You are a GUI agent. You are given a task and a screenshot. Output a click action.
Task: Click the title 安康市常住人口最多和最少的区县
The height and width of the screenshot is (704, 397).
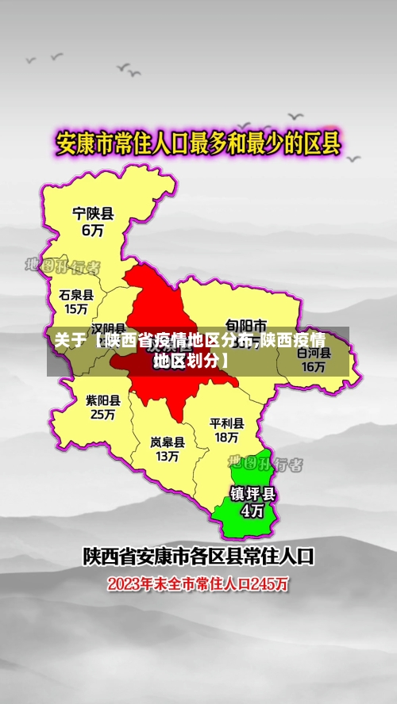[198, 144]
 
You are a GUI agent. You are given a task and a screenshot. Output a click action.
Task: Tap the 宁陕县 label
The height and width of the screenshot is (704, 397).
[93, 213]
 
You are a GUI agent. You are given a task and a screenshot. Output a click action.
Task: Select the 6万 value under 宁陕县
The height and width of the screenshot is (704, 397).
[93, 231]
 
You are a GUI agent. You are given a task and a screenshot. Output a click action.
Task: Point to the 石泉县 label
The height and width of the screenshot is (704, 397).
[76, 294]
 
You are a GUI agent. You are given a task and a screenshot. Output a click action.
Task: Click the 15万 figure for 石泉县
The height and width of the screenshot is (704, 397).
[76, 309]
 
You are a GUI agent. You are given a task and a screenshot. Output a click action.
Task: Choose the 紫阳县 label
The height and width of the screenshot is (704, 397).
[103, 400]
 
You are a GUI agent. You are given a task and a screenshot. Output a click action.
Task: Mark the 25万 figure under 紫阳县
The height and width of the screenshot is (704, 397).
[103, 415]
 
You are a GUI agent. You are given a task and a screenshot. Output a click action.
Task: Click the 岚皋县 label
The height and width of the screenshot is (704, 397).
[168, 442]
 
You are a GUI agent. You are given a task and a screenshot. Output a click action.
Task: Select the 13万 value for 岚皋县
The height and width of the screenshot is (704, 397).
[168, 457]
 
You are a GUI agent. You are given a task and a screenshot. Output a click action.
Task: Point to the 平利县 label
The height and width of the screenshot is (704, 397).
[226, 423]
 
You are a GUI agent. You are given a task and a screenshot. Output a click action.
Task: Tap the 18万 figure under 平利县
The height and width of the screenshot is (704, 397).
[226, 437]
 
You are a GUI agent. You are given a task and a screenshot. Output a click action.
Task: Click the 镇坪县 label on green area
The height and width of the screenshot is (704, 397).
[252, 493]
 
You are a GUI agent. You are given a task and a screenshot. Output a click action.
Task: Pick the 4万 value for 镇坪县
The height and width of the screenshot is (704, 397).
[252, 511]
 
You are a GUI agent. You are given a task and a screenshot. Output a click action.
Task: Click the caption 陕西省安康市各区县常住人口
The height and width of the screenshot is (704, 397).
[198, 557]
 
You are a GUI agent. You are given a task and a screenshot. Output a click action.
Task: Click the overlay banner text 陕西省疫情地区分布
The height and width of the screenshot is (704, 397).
[176, 342]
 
